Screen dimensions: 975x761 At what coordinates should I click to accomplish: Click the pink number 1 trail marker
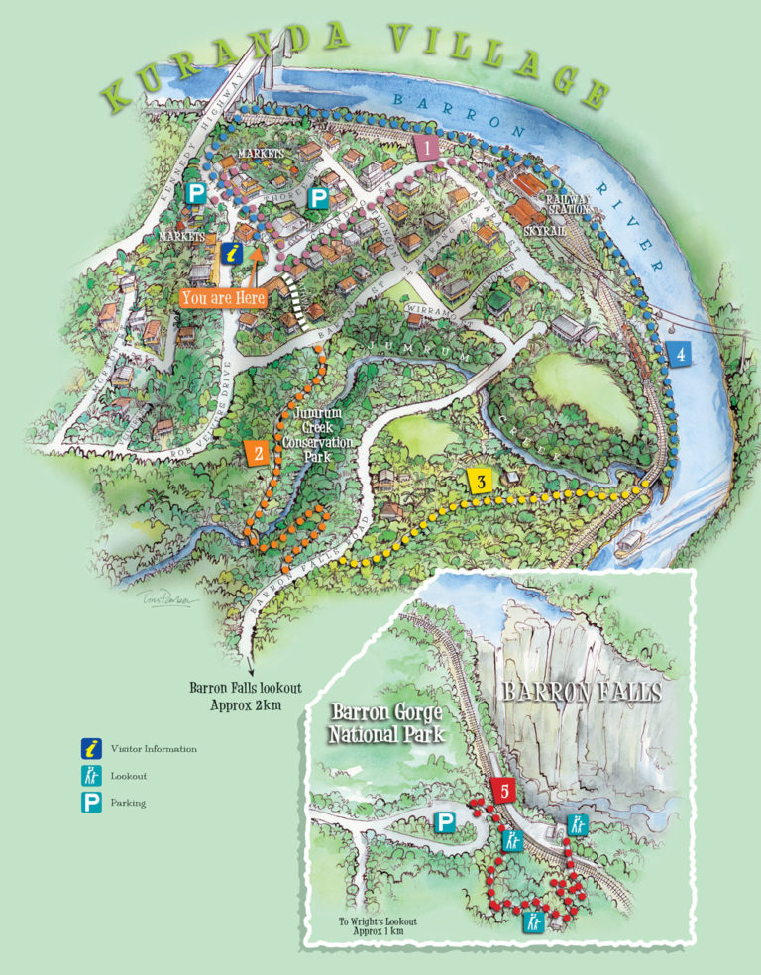point(427,149)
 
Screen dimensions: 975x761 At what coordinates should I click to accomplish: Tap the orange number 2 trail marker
point(258,453)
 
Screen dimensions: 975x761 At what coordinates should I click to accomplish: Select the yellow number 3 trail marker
point(481,483)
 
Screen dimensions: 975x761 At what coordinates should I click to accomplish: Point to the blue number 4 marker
point(679,353)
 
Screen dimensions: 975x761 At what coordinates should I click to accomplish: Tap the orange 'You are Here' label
point(223,296)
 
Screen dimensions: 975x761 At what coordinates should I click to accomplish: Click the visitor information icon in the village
point(231,254)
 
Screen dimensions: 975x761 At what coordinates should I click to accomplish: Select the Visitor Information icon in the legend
point(91,748)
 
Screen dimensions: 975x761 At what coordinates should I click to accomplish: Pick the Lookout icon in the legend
point(91,776)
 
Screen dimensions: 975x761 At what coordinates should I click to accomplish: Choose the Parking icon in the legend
point(91,803)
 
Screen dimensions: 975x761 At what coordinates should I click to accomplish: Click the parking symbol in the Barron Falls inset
point(446,822)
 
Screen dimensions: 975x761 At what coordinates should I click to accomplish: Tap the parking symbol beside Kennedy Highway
point(197,194)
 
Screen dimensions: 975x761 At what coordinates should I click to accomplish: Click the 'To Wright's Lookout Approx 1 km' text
point(378,926)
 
